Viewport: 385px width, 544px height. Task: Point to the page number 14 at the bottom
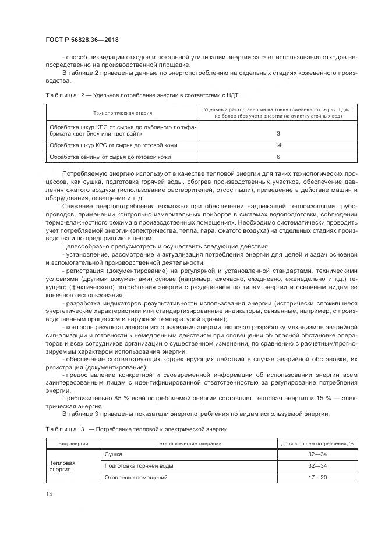[x=48, y=494]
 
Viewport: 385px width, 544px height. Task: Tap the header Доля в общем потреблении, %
[x=317, y=443]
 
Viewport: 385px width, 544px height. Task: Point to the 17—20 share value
[x=317, y=478]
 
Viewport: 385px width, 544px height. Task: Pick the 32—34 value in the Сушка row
[x=317, y=454]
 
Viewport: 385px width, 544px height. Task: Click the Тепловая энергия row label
[x=63, y=466]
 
